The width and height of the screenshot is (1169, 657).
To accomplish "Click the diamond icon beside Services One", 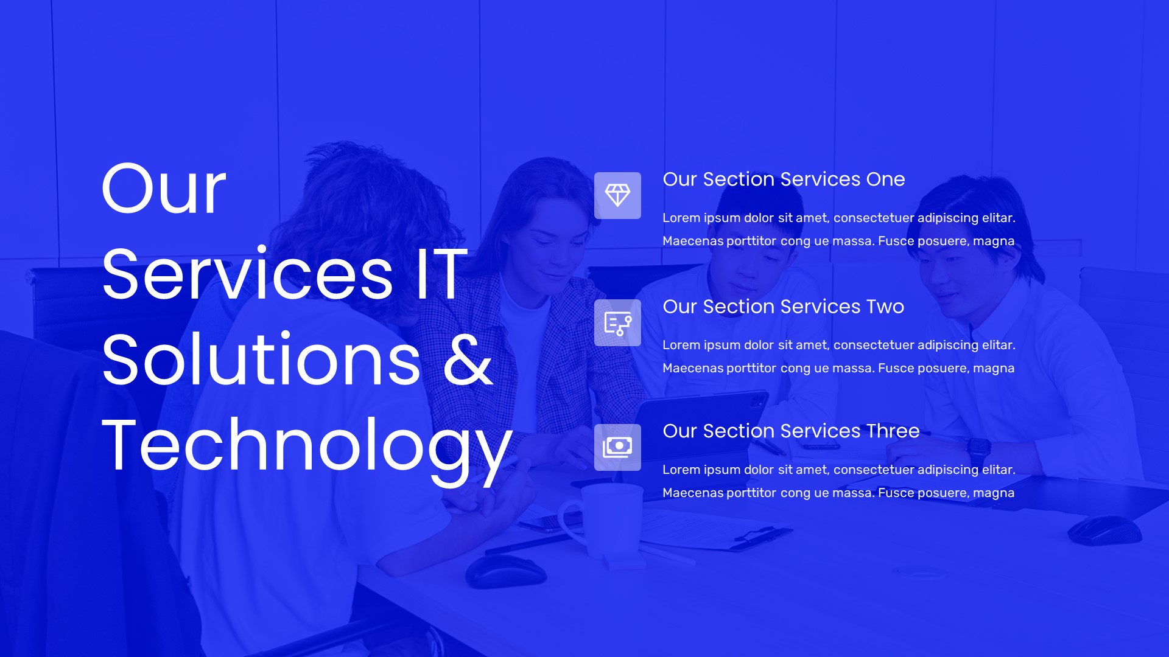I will tap(617, 195).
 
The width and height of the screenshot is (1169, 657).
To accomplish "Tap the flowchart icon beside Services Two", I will tap(617, 322).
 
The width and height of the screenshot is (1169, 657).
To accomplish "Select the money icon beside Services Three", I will tap(617, 447).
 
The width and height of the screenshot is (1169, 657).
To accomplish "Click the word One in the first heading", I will tap(885, 179).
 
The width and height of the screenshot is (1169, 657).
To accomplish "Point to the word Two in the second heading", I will tap(885, 307).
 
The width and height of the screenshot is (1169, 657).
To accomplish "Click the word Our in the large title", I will tap(164, 189).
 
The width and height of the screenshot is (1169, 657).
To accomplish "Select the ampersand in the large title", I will tap(468, 360).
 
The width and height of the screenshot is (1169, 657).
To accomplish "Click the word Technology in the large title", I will tap(306, 447).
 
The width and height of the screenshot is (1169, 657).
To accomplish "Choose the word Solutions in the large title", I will tap(261, 360).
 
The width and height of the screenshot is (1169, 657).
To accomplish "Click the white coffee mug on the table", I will tap(603, 520).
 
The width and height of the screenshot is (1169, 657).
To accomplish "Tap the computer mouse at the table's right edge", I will tap(1104, 530).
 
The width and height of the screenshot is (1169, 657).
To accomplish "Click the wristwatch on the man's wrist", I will tap(978, 450).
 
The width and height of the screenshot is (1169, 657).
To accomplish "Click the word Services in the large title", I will tap(247, 275).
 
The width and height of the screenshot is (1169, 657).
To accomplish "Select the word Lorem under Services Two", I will tap(681, 345).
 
